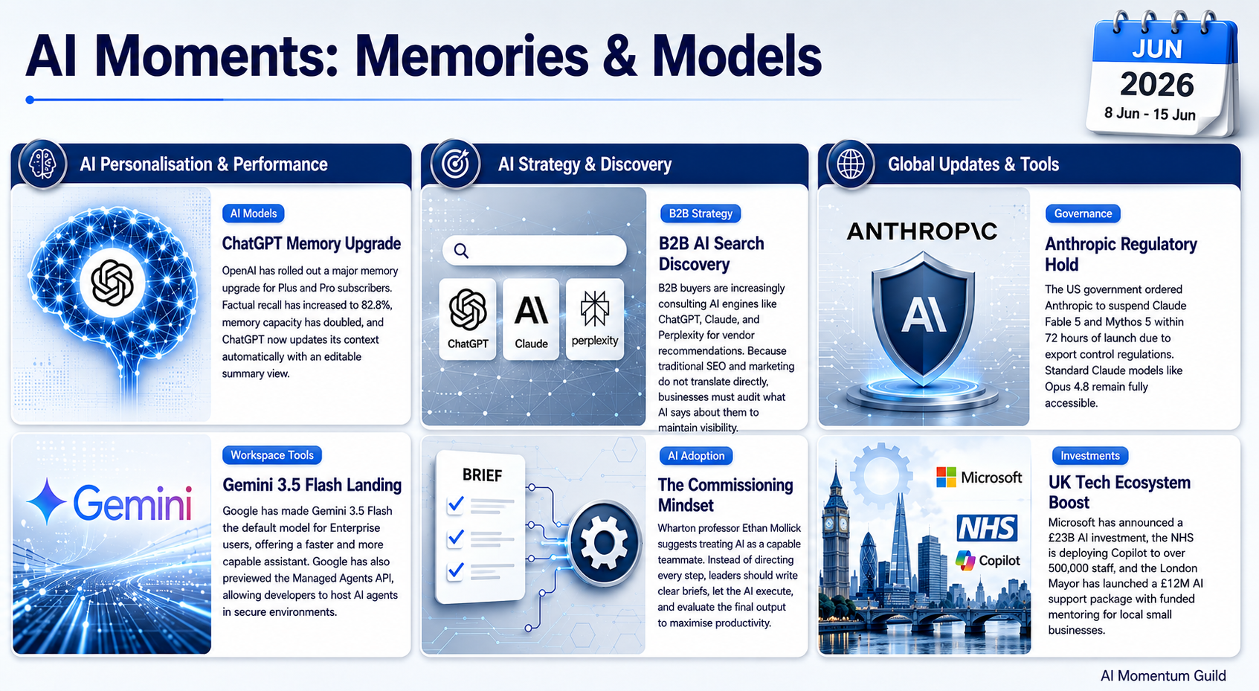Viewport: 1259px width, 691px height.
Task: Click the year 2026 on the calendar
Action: [x=1156, y=84]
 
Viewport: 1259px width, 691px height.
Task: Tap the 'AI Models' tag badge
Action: [x=254, y=213]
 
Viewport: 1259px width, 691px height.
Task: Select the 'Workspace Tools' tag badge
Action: [x=272, y=455]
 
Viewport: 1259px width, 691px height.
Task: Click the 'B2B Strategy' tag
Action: [x=701, y=213]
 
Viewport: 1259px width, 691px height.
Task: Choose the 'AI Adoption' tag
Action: [x=696, y=455]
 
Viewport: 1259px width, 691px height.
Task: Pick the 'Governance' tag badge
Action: [x=1083, y=213]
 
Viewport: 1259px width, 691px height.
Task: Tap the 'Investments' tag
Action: [x=1090, y=455]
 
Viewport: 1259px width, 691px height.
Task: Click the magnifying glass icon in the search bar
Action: [x=461, y=251]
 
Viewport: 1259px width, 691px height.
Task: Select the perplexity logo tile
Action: [x=595, y=319]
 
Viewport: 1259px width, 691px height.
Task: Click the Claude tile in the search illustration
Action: [x=531, y=319]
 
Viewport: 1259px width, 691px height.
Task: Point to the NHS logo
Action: [x=987, y=528]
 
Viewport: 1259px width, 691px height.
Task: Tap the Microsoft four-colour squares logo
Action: [x=947, y=478]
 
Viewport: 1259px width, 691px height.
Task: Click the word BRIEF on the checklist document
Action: [x=482, y=475]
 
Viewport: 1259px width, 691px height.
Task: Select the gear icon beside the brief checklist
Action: [x=604, y=543]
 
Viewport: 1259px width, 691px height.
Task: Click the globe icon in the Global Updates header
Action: [x=851, y=164]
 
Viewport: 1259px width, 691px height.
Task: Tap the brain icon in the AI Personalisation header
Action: [x=43, y=164]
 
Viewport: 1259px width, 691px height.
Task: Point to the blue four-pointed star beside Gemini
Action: [x=47, y=501]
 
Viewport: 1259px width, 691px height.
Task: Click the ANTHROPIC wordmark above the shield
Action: [x=922, y=231]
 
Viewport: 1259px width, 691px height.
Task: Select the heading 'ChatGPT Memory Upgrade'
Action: [x=312, y=243]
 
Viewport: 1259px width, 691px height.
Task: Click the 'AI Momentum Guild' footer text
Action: [x=1163, y=675]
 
